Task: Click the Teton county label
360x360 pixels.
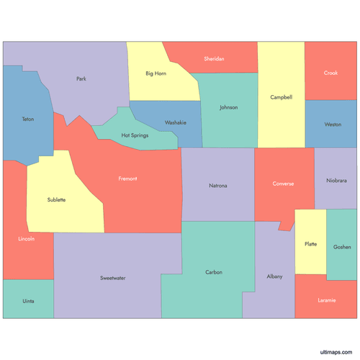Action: (x=27, y=119)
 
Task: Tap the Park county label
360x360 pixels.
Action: (x=81, y=78)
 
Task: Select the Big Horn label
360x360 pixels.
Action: (x=156, y=73)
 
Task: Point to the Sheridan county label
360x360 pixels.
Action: (x=214, y=58)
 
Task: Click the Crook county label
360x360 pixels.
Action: (x=330, y=73)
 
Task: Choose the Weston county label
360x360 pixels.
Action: (x=332, y=125)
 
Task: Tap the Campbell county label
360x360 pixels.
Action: (x=281, y=97)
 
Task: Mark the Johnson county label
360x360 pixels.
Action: (x=228, y=107)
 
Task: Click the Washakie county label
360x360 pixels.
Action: (x=175, y=122)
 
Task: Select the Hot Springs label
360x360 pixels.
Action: (x=135, y=135)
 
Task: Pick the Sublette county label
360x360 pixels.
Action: (x=56, y=199)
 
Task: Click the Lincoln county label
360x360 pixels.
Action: (x=26, y=238)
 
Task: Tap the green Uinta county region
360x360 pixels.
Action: (x=28, y=300)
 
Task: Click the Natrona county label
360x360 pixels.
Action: (x=217, y=186)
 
